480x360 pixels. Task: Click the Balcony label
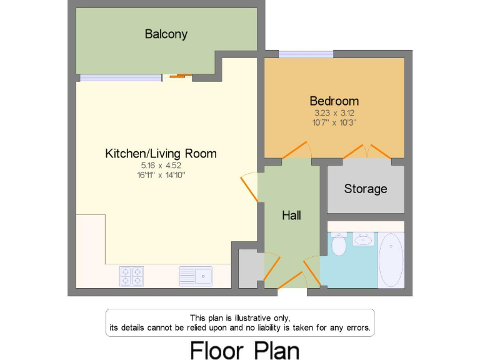click(166, 34)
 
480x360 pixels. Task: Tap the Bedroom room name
click(334, 101)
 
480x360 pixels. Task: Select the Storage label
click(366, 189)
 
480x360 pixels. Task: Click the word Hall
click(291, 216)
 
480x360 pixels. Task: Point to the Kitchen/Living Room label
click(161, 153)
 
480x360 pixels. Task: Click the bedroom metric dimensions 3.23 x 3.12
click(334, 113)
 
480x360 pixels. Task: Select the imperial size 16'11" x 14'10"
click(161, 175)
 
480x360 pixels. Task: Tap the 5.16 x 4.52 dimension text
click(161, 166)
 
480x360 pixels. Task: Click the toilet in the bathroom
click(339, 244)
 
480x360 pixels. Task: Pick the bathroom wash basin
click(363, 239)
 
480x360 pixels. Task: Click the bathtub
click(391, 259)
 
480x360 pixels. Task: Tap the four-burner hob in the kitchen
click(131, 276)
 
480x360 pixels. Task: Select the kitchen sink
click(196, 275)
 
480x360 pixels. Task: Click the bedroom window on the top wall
click(306, 54)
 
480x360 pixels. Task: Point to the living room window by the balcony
click(120, 77)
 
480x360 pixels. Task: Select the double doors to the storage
click(366, 152)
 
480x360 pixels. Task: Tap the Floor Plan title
click(244, 349)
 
